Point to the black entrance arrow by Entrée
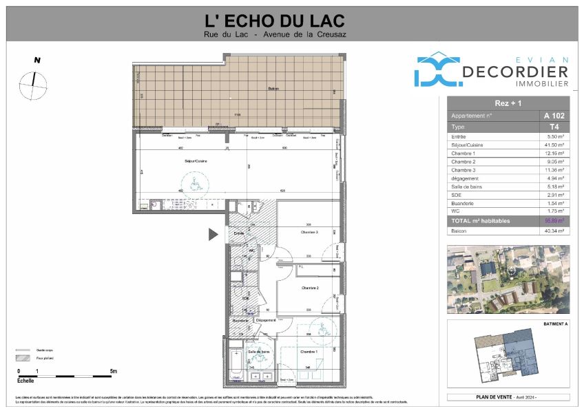point(213,235)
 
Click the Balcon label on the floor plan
point(273,89)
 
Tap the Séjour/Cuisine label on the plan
point(196,161)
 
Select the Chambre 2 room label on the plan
point(309,288)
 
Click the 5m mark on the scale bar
point(113,372)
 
